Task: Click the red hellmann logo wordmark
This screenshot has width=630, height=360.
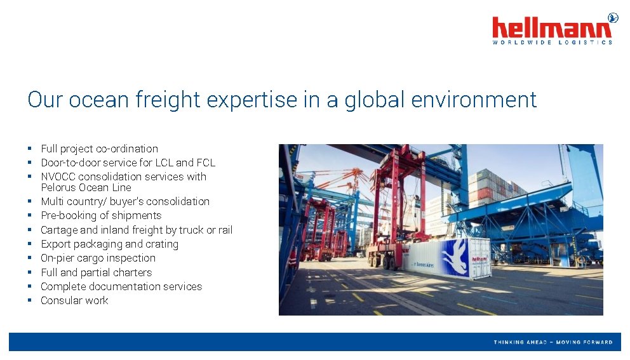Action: (x=551, y=28)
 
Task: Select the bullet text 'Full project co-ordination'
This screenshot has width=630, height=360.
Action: (x=99, y=149)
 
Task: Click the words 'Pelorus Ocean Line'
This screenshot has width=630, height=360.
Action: (x=86, y=187)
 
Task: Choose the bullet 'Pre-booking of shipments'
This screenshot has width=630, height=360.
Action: (x=101, y=215)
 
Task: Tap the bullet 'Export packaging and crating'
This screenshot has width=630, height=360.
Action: (x=109, y=244)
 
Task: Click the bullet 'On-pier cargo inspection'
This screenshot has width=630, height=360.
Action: (x=98, y=258)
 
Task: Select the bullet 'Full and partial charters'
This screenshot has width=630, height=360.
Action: (x=96, y=272)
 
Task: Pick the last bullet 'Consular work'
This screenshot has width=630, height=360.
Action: (x=74, y=300)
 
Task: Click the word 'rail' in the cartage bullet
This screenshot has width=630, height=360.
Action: (x=225, y=230)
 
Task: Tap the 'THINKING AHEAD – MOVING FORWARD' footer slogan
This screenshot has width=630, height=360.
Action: (x=553, y=342)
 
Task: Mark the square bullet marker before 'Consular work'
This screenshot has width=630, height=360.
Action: (x=30, y=300)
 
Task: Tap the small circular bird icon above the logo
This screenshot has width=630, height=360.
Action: (x=613, y=18)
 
